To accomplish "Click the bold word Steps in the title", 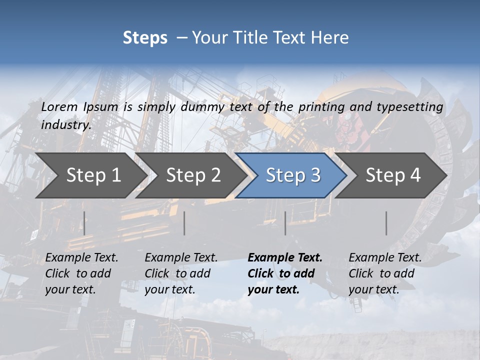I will pyautogui.click(x=145, y=37).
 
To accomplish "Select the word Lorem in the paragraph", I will pyautogui.click(x=59, y=106).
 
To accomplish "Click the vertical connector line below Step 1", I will pyautogui.click(x=84, y=223).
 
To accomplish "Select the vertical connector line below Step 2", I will pyautogui.click(x=184, y=223).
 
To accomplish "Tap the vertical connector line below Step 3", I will pyautogui.click(x=285, y=223).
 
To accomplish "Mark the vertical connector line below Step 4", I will pyautogui.click(x=386, y=223).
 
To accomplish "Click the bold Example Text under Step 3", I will pyautogui.click(x=285, y=257).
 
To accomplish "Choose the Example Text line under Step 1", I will pyautogui.click(x=81, y=257).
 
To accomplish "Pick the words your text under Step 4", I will pyautogui.click(x=373, y=289).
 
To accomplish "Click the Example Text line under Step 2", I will pyautogui.click(x=181, y=257).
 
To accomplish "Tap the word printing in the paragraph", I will pyautogui.click(x=321, y=106).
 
